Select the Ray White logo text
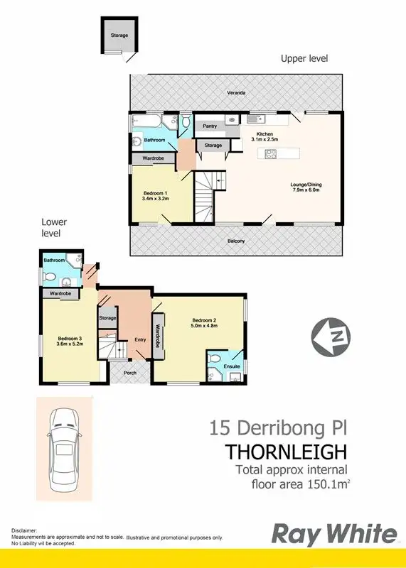(x=336, y=534)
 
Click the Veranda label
(x=237, y=92)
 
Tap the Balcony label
(x=237, y=241)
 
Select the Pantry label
(x=209, y=126)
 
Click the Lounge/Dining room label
(x=306, y=186)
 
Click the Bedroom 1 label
(x=154, y=193)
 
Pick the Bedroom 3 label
(x=70, y=339)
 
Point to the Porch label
(x=129, y=371)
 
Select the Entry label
(x=140, y=339)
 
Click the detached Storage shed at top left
(x=119, y=35)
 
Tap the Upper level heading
(x=304, y=58)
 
